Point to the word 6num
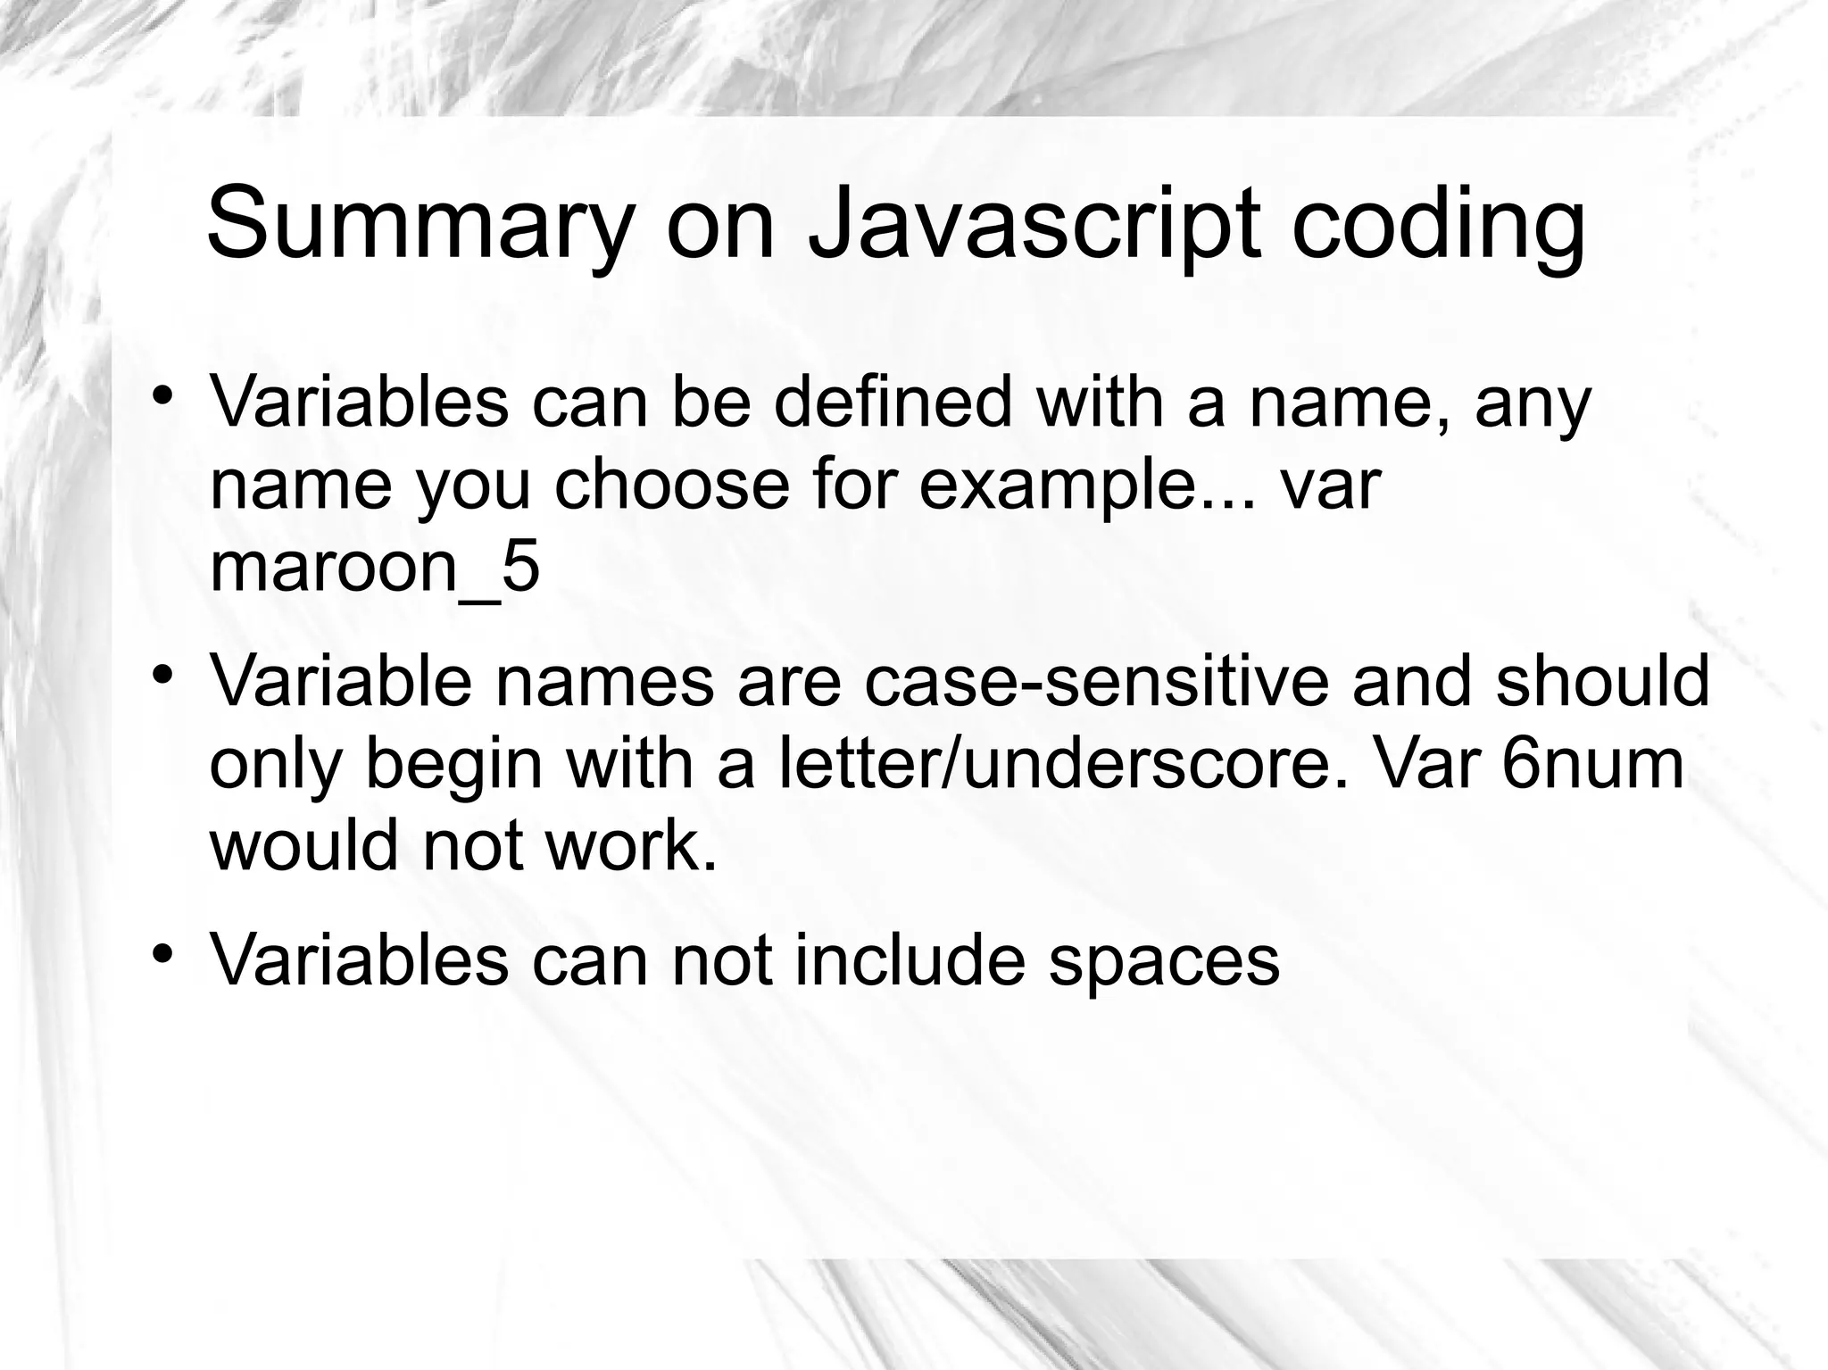pyautogui.click(x=1592, y=763)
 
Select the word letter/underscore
pyautogui.click(x=1055, y=763)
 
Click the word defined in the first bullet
pyautogui.click(x=893, y=403)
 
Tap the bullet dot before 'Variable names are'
pyautogui.click(x=162, y=674)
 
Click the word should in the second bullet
pyautogui.click(x=1602, y=681)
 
